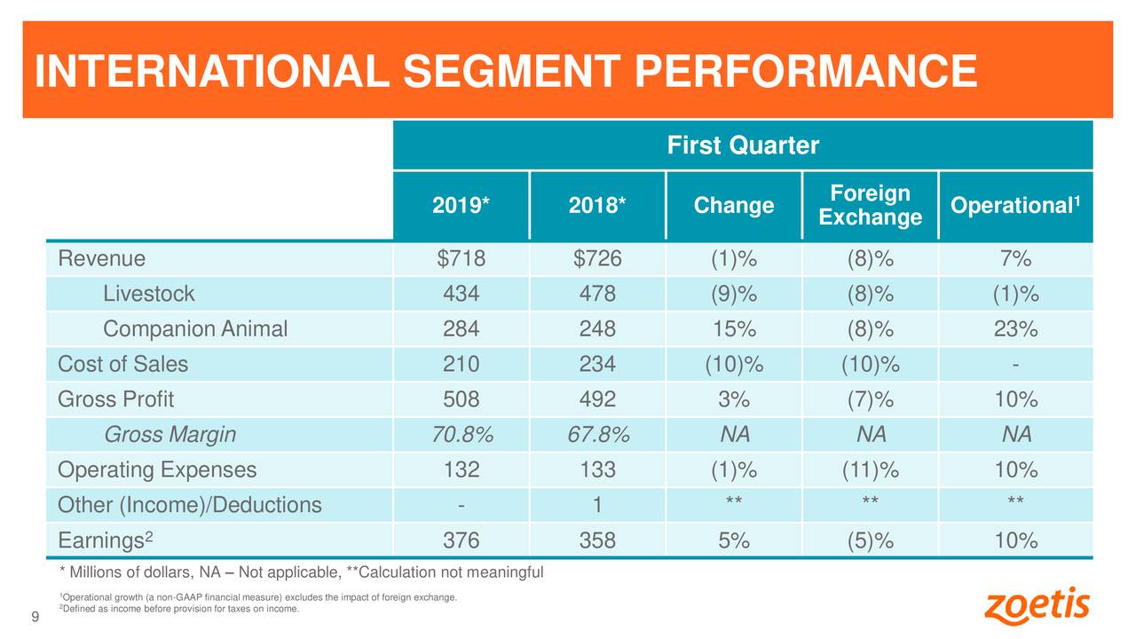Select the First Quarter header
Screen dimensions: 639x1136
click(742, 145)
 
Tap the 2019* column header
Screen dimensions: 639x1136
click(461, 206)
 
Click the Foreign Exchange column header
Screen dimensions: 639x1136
click(870, 206)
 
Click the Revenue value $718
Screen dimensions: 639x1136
click(461, 259)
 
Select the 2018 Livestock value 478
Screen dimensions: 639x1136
click(597, 294)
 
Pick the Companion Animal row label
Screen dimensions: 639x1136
click(195, 329)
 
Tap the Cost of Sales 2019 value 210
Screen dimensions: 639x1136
click(461, 365)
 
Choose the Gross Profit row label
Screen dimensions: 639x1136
click(115, 399)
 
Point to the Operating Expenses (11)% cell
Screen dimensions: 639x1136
click(870, 469)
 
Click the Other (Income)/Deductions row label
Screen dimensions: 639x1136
click(189, 505)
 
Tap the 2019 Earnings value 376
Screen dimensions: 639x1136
click(461, 540)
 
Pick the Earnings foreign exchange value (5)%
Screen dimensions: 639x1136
click(870, 540)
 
